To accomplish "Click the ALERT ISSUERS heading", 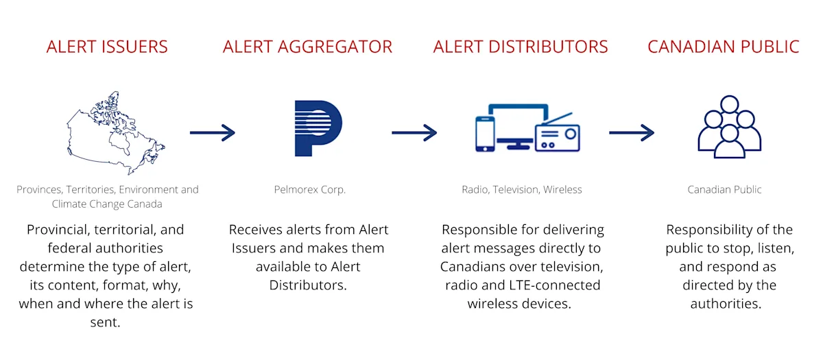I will [x=107, y=47].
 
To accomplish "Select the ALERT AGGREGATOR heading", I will [x=307, y=47].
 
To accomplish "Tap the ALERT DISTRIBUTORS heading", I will [x=521, y=47].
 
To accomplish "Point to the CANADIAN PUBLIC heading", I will [x=724, y=47].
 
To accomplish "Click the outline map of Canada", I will [x=113, y=134].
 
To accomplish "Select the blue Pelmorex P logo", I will [x=317, y=128].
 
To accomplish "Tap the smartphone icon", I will [x=485, y=134].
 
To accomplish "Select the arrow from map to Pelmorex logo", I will [x=212, y=132].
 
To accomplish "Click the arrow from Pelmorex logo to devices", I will [x=414, y=132].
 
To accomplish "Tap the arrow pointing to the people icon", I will [x=631, y=132].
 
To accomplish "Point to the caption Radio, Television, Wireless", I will [x=521, y=190].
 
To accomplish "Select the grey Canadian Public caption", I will [x=724, y=190].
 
